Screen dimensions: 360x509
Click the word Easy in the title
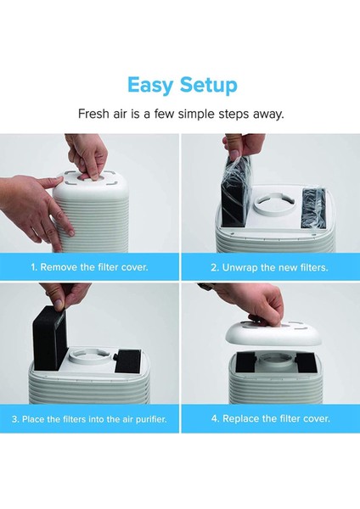pyautogui.click(x=150, y=86)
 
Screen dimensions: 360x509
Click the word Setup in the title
pyautogui.click(x=209, y=86)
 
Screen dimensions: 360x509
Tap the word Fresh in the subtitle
pyautogui.click(x=92, y=114)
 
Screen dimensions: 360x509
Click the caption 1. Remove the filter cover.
pyautogui.click(x=89, y=267)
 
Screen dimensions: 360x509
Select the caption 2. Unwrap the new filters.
pyautogui.click(x=269, y=267)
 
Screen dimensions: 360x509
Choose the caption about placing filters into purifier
pyautogui.click(x=89, y=419)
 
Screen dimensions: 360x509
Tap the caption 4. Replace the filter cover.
pyautogui.click(x=270, y=418)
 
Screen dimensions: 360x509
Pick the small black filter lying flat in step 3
pyautogui.click(x=128, y=361)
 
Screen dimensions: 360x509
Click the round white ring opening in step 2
pyautogui.click(x=275, y=206)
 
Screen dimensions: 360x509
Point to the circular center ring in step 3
pyautogui.click(x=92, y=357)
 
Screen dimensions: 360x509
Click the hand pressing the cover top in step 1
pyautogui.click(x=87, y=156)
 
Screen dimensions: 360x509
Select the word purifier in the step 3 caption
pyautogui.click(x=151, y=419)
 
